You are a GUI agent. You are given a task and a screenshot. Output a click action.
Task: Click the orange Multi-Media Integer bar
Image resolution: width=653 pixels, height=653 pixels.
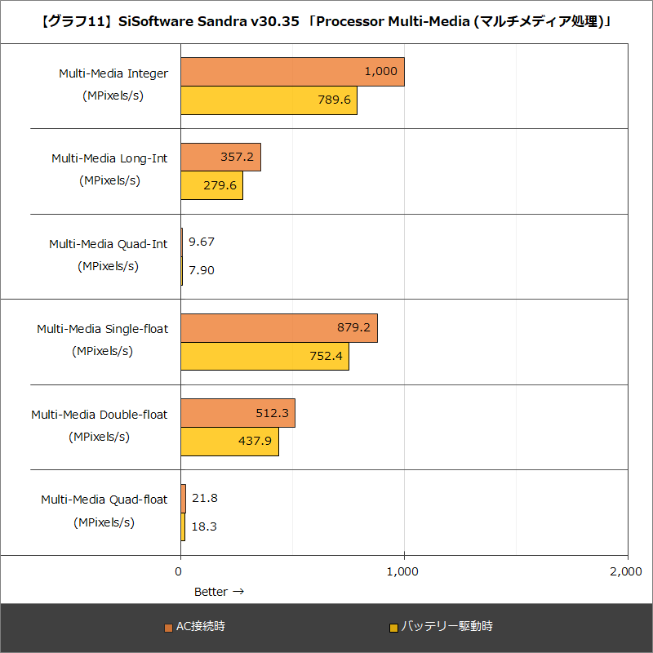[291, 72]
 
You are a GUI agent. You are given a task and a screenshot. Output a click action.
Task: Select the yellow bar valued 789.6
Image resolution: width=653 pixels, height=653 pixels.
[268, 100]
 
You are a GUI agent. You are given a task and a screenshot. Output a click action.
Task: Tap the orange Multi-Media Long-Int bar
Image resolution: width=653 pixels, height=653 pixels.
[220, 157]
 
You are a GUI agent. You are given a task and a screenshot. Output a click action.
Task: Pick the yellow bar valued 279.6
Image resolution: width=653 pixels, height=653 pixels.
[211, 185]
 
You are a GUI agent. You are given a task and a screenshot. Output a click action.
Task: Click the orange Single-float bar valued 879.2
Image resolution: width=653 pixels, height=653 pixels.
[278, 327]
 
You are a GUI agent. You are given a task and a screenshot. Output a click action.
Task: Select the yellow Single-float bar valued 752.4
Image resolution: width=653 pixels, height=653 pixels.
[264, 356]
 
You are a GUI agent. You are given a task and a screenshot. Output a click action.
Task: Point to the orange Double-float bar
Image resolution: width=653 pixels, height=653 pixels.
[237, 413]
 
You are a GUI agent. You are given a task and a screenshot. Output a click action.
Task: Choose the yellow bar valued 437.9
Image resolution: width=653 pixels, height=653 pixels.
[229, 442]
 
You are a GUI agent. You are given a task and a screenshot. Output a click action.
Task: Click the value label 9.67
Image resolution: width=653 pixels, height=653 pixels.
[201, 242]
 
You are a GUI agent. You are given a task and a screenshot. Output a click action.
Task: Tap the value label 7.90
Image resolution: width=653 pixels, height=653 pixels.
[201, 270]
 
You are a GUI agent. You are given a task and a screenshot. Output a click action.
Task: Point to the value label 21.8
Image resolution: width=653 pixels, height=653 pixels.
[204, 498]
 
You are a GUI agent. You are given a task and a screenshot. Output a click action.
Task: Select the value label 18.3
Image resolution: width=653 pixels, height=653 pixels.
[204, 526]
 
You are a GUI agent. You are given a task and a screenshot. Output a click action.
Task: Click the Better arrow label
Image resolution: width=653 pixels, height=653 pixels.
[219, 591]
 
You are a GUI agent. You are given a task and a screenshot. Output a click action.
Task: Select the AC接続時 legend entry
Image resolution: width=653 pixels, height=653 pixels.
[196, 627]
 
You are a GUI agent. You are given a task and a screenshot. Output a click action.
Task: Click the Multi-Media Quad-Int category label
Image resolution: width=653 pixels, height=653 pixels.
[108, 243]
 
